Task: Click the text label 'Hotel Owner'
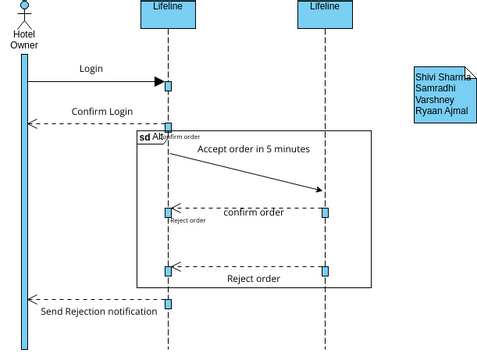coord(25,39)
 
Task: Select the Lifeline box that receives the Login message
coord(167,13)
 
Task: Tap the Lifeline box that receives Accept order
coord(324,13)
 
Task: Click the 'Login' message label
coord(91,69)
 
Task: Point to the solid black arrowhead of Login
coord(158,82)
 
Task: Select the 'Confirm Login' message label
coord(102,111)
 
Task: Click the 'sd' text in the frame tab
coord(145,137)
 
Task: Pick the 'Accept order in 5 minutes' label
coord(253,149)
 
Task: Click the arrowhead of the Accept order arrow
coord(318,188)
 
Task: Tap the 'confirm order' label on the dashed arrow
coord(253,212)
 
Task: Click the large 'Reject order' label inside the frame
coord(253,279)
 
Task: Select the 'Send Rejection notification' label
coord(98,312)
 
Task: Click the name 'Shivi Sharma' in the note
coord(443,77)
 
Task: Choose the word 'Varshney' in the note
coord(435,100)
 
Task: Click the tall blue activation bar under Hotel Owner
coord(25,200)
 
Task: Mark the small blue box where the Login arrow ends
coord(168,86)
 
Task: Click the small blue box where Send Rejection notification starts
coord(168,304)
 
